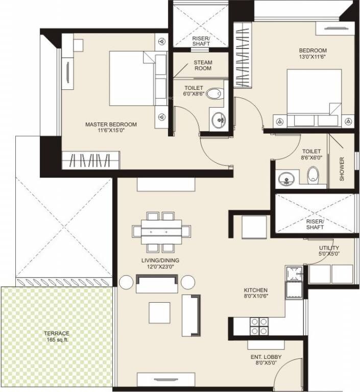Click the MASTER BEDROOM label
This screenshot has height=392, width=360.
click(x=111, y=124)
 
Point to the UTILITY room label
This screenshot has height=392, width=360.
click(x=328, y=248)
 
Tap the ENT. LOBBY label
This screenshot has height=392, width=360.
click(x=266, y=357)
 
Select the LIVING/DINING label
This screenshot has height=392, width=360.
click(x=160, y=260)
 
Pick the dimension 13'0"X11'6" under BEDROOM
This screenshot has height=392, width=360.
click(x=313, y=57)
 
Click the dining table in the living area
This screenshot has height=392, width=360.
click(x=162, y=232)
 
